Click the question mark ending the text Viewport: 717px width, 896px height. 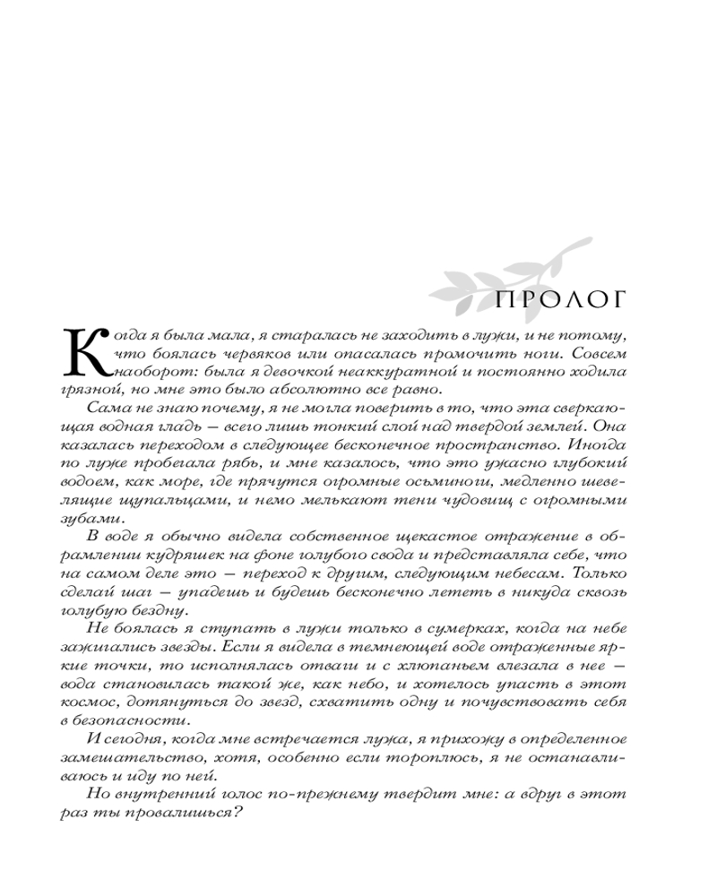(242, 813)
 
